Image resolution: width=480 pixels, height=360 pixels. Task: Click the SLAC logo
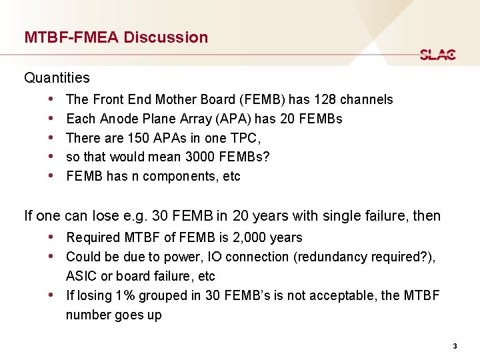438,55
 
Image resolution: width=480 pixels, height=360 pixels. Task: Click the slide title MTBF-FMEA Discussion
116,37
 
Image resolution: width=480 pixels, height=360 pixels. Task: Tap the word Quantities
57,78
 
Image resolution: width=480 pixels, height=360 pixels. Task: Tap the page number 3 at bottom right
455,346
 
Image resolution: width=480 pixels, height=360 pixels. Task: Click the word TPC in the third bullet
245,138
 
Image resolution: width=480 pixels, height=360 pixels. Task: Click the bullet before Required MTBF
52,237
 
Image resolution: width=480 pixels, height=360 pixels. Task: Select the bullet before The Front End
52,99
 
